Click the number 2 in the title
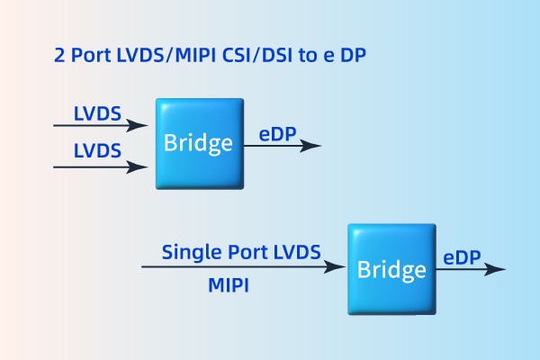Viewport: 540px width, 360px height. pyautogui.click(x=59, y=56)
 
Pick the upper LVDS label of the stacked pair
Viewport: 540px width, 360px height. pyautogui.click(x=97, y=114)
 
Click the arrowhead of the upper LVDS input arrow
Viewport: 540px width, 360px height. pyautogui.click(x=139, y=126)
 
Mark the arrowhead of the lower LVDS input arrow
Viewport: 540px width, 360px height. pyautogui.click(x=139, y=166)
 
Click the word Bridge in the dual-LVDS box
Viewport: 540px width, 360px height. pyautogui.click(x=198, y=143)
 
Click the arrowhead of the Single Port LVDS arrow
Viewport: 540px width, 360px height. pyautogui.click(x=338, y=267)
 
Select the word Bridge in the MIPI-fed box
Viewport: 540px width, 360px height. pyautogui.click(x=391, y=269)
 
